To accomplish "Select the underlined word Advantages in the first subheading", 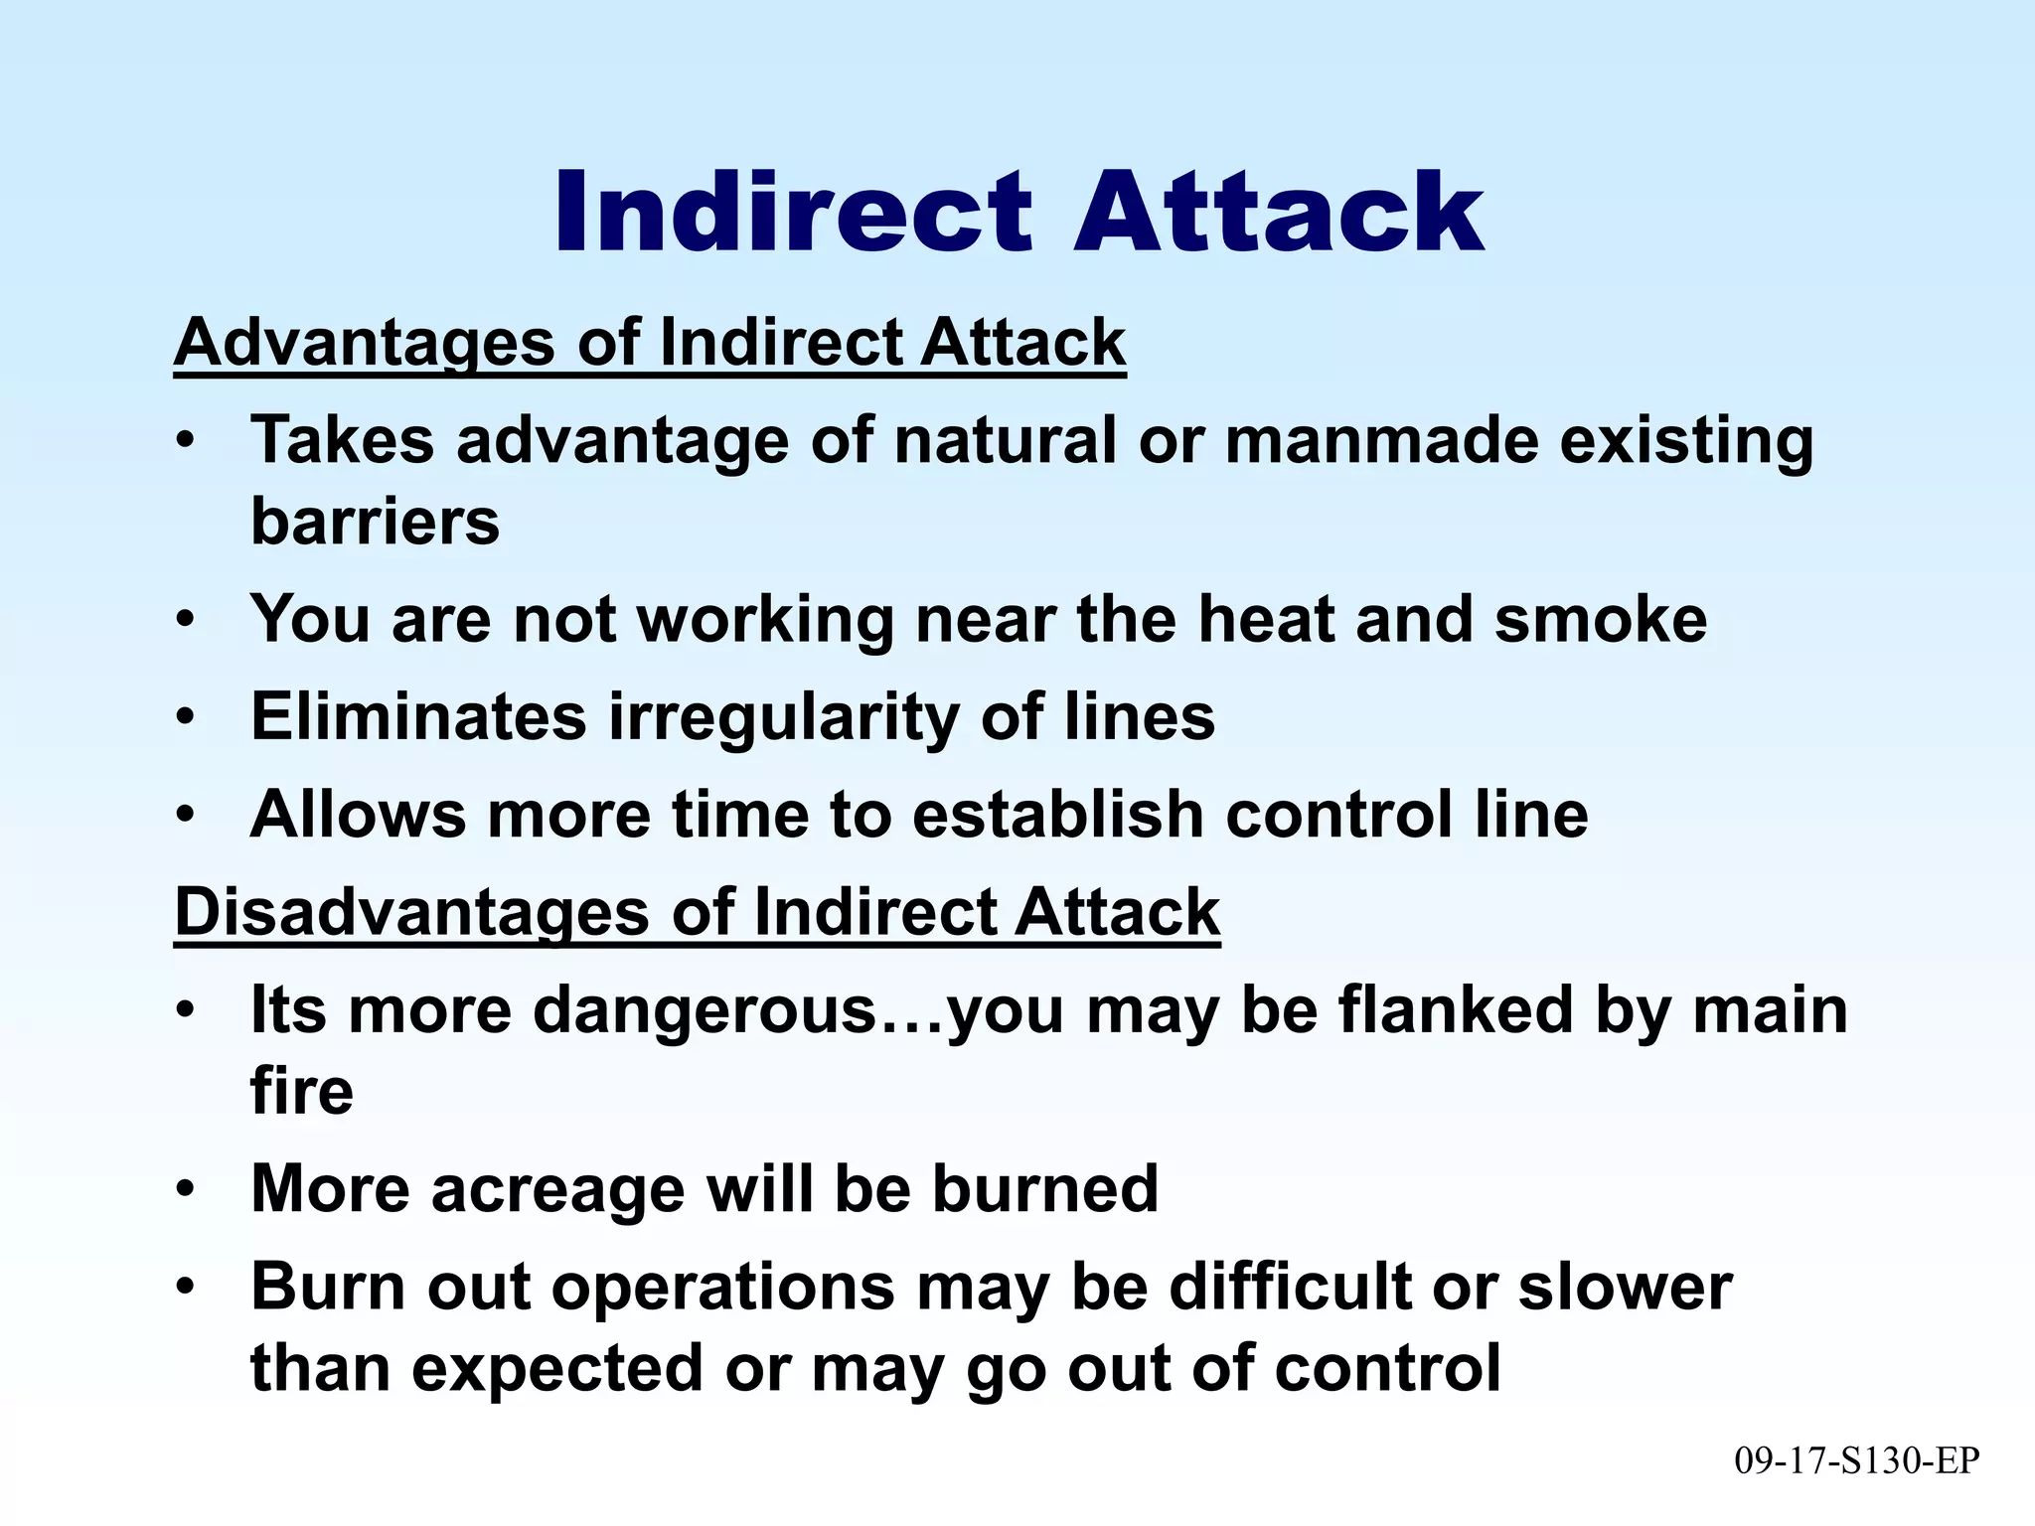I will point(365,343).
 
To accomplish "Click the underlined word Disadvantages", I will point(411,912).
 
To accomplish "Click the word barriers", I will point(375,521).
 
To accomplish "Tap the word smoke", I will point(1601,618).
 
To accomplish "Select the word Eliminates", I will point(418,715).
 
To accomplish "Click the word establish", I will point(1057,814).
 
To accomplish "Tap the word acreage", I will point(557,1188).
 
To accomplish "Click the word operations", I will point(723,1288).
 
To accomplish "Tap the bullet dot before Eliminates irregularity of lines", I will point(183,715).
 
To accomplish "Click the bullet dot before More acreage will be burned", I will point(183,1188).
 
